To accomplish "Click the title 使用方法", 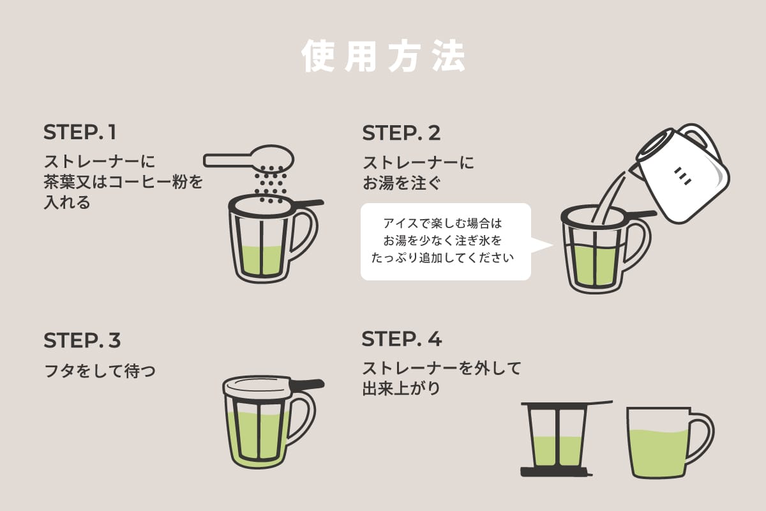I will coord(383,57).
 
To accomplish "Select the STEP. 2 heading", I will coord(402,133).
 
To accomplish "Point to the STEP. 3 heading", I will coord(82,340).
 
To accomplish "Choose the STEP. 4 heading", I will coord(402,339).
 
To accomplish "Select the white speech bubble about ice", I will coord(446,241).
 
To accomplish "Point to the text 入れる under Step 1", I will coord(67,203).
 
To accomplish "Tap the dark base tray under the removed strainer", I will coord(555,472).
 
